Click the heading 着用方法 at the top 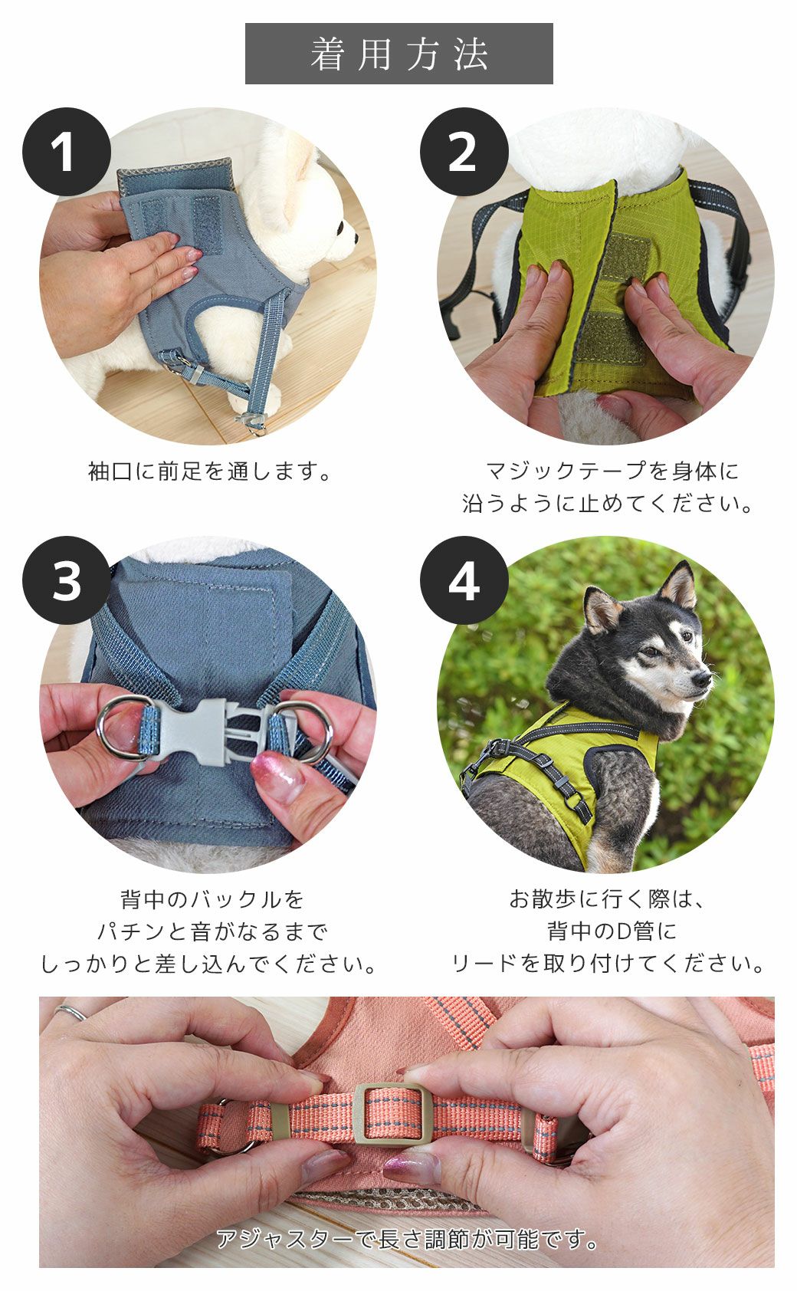click(x=398, y=54)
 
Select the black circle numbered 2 click(x=464, y=152)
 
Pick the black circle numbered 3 click(x=67, y=580)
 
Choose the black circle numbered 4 click(x=464, y=580)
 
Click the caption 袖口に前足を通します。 click(x=211, y=471)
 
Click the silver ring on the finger click(x=71, y=1012)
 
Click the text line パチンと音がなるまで click(x=211, y=931)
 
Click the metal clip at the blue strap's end click(x=251, y=420)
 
